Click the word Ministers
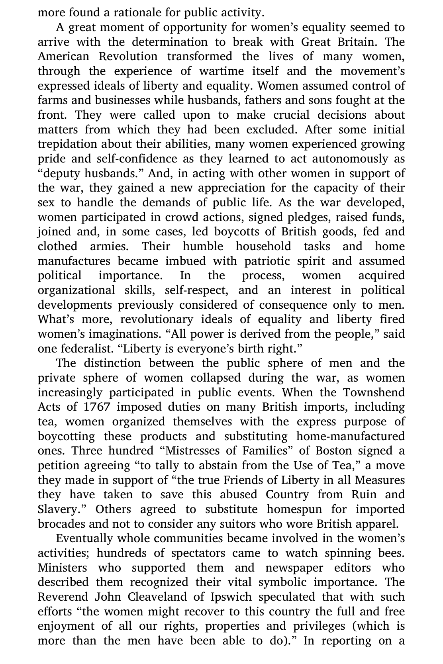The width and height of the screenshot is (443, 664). pos(62,568)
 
